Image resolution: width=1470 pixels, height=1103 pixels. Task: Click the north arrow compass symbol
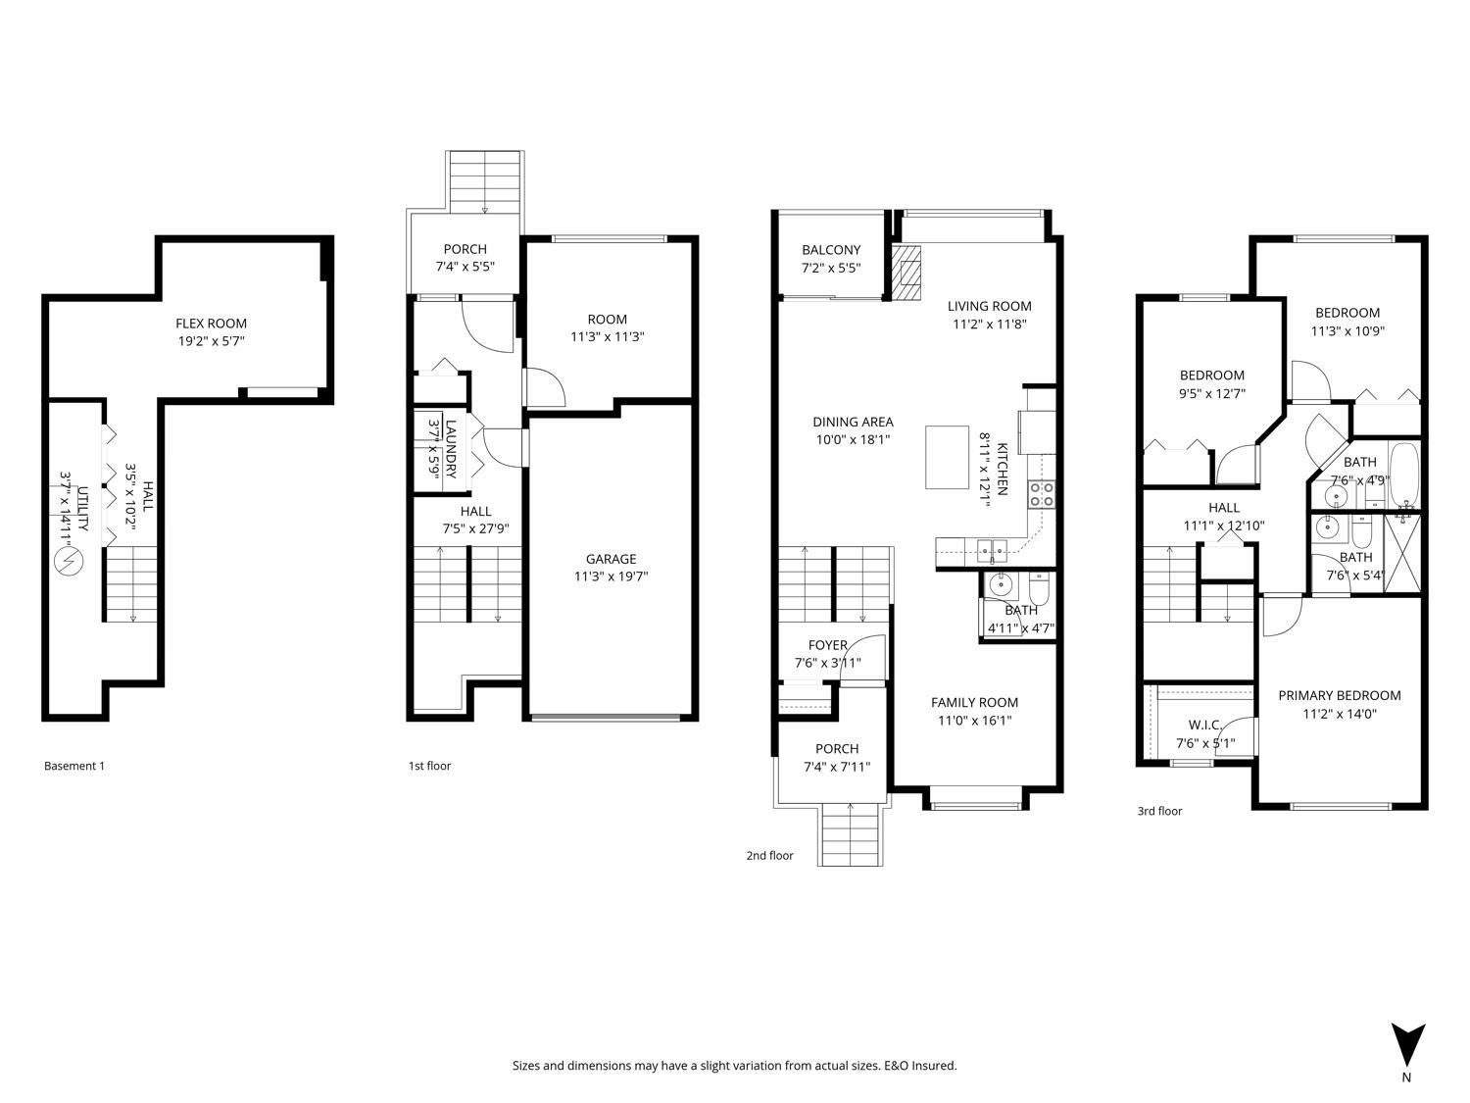(1407, 1045)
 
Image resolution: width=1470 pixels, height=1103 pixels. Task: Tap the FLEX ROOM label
(211, 324)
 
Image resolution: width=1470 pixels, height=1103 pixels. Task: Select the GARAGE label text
(611, 559)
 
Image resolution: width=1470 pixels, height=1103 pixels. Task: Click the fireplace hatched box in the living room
(906, 272)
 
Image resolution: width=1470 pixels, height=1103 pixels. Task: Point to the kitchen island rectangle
(948, 456)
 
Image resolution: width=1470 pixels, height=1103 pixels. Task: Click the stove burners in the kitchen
(1041, 494)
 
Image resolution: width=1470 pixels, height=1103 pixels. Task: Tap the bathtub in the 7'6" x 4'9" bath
(1404, 476)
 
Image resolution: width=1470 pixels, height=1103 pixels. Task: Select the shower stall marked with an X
(1403, 553)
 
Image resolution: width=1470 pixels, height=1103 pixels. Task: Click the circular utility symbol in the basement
(70, 562)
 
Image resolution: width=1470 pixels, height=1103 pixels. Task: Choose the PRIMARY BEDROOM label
(1339, 695)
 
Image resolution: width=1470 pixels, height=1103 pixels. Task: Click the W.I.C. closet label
(1204, 725)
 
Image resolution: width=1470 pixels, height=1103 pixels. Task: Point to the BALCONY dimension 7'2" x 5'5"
(831, 267)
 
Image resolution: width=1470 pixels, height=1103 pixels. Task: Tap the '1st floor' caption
(429, 766)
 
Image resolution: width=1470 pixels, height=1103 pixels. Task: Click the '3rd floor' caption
(1159, 811)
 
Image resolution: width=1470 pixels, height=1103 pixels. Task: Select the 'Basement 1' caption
(73, 766)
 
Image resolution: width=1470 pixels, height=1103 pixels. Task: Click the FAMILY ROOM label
(974, 702)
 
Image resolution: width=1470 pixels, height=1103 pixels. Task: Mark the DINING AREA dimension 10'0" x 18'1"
(853, 439)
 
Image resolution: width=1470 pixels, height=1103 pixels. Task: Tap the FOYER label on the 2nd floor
(827, 645)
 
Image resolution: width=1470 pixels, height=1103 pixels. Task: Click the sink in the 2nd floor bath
(1001, 586)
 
